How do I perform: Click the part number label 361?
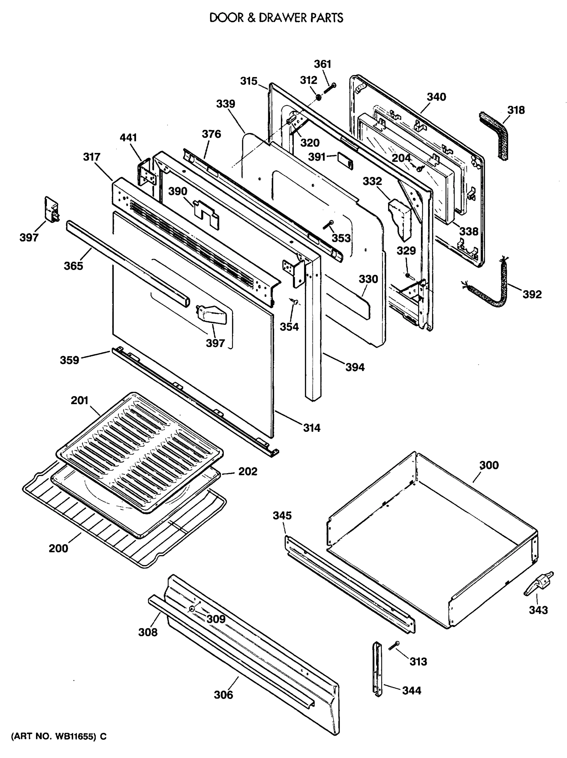(x=323, y=64)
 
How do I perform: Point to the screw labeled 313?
(x=394, y=646)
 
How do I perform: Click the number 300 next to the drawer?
(x=489, y=465)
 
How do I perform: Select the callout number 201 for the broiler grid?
(x=79, y=400)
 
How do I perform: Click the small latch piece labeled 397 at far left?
(x=52, y=209)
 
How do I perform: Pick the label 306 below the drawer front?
(x=223, y=695)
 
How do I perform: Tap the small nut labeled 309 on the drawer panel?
(x=191, y=609)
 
